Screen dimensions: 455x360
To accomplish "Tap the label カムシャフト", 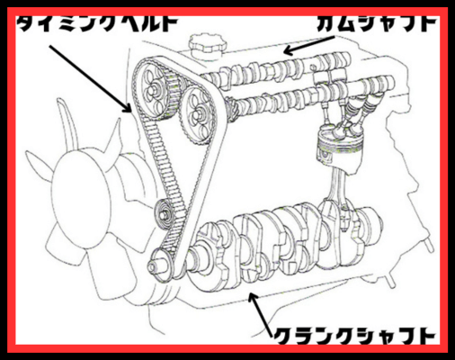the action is (x=378, y=22).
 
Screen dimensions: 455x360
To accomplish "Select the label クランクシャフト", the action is (x=354, y=336).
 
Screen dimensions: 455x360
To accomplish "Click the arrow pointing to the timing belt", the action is (x=91, y=78).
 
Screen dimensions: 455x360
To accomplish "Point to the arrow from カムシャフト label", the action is (x=309, y=46).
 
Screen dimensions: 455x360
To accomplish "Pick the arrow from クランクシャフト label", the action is (x=261, y=314).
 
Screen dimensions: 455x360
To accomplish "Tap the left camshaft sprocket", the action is (x=155, y=89).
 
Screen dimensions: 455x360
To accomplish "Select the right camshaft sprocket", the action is (x=197, y=114).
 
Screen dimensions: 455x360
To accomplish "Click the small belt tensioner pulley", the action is (x=164, y=213).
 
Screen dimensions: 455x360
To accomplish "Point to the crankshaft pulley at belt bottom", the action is (x=162, y=264).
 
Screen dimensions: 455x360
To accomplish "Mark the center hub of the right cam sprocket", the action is (x=196, y=115).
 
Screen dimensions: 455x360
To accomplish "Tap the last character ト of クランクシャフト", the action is (x=425, y=336).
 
